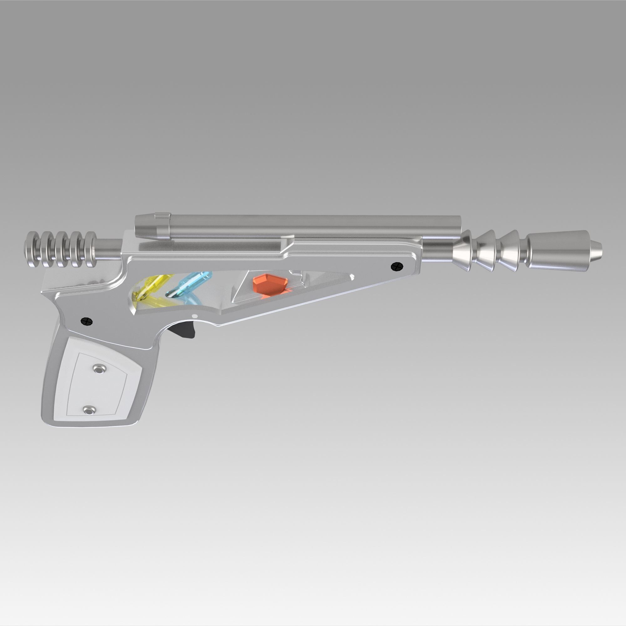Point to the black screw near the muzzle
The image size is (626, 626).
397,267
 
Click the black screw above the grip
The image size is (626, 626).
86,321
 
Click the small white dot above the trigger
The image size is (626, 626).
195,316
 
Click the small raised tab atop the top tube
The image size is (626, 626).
162,214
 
